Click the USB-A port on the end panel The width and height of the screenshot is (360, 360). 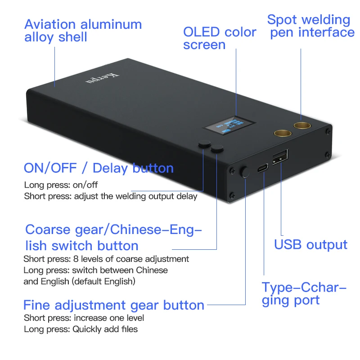coord(279,157)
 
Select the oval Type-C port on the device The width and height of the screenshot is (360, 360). coord(262,169)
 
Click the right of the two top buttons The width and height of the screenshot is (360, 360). coord(218,149)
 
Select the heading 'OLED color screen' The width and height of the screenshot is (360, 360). coord(219,38)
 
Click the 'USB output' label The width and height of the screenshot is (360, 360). coord(310,245)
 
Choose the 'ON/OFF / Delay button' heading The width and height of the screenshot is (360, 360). coord(99,168)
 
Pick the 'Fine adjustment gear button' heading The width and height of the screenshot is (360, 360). coord(114,305)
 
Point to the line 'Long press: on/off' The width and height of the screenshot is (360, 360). coord(61,185)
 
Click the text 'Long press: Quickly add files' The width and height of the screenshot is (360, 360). coord(81,329)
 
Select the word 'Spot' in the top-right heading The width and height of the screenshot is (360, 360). coord(282,20)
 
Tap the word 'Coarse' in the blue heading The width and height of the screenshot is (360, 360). coord(47,229)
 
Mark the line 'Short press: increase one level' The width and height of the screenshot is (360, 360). coord(84,318)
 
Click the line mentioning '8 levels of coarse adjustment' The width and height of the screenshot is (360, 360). coord(106,259)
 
